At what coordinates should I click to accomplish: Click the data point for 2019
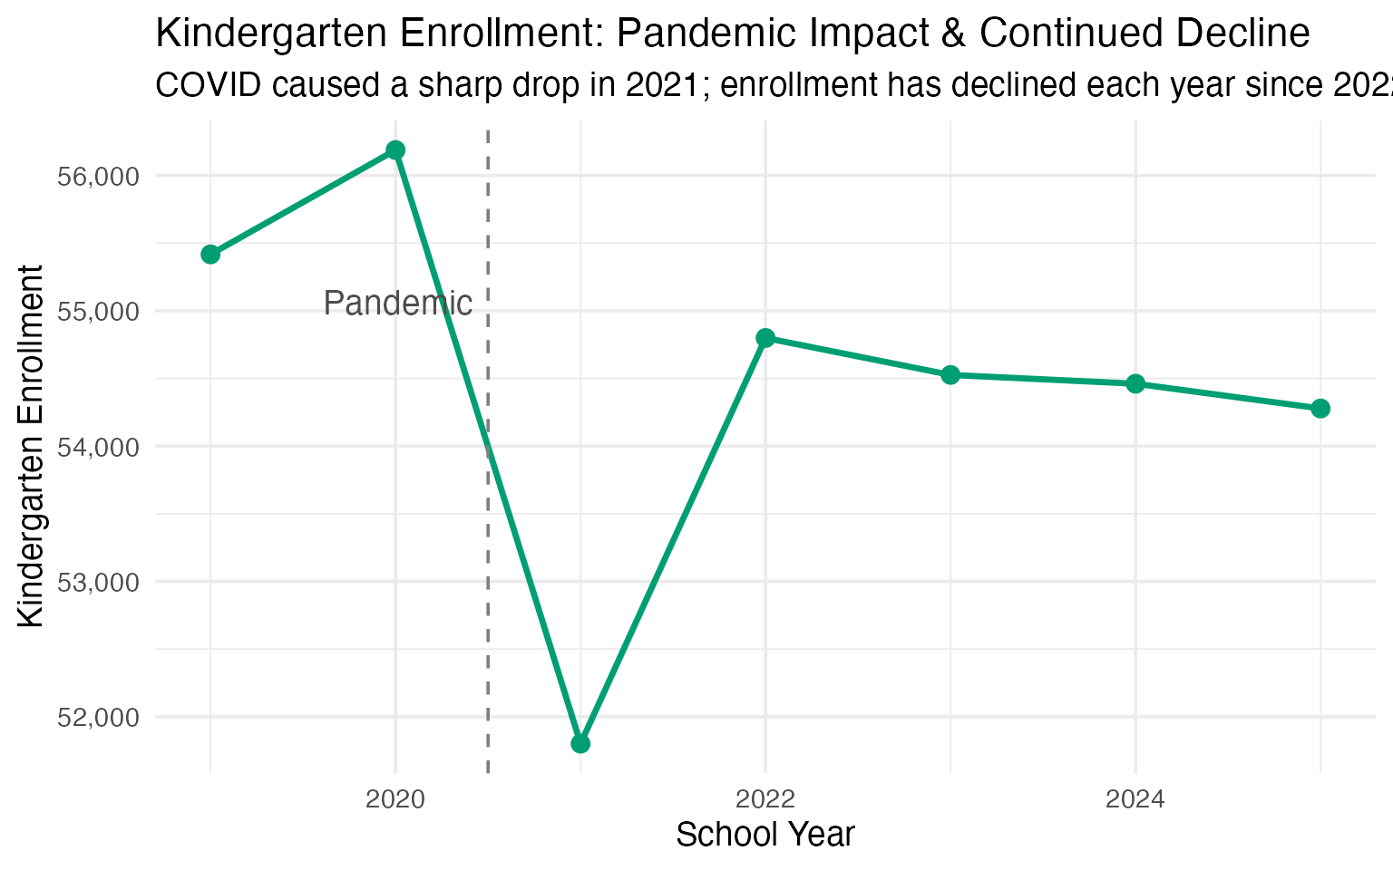(x=210, y=254)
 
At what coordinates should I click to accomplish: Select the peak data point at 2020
(x=395, y=150)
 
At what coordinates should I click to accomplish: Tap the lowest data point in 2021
(x=580, y=744)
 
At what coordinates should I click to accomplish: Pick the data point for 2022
(x=765, y=338)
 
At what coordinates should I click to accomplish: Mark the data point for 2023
(x=950, y=374)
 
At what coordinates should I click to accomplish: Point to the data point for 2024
(x=1135, y=383)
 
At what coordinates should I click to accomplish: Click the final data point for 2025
(x=1320, y=408)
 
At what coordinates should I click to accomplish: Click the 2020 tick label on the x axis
(x=395, y=799)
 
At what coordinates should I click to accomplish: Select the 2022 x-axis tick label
(x=765, y=799)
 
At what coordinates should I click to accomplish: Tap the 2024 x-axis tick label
(x=1135, y=799)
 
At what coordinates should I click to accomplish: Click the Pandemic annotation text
(x=398, y=304)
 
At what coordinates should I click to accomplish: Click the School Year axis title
(x=765, y=835)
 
